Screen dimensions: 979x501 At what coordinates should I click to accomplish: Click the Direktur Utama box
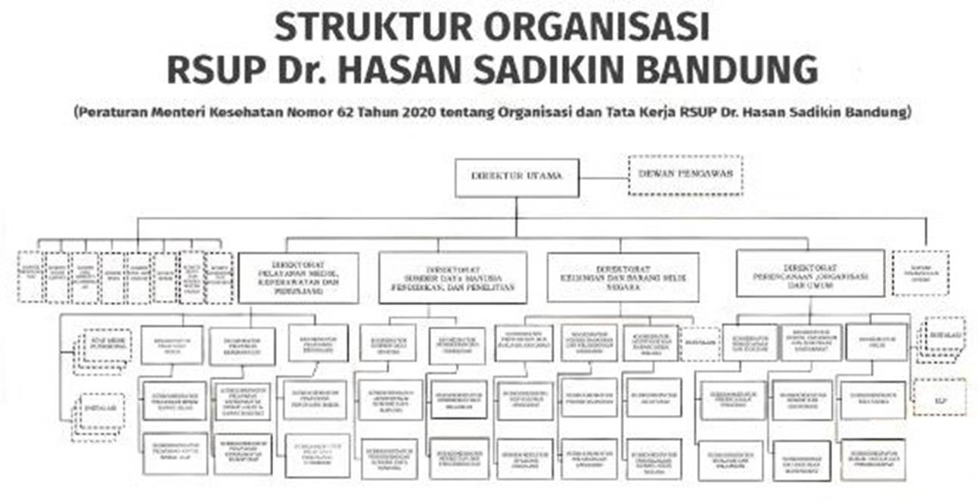coord(517,177)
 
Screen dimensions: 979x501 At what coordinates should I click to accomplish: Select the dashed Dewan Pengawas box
coord(685,175)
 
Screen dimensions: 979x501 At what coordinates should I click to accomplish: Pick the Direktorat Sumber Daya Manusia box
coord(452,277)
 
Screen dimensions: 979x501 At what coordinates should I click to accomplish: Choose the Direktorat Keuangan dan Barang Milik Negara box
coord(622,276)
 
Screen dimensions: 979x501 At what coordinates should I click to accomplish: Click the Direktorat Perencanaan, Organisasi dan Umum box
coord(810,273)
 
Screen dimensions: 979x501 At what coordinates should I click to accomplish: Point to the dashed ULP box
coord(940,397)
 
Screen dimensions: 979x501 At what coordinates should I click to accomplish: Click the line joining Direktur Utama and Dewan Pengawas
coord(604,178)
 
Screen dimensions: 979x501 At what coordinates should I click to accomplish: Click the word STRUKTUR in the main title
coord(371,28)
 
